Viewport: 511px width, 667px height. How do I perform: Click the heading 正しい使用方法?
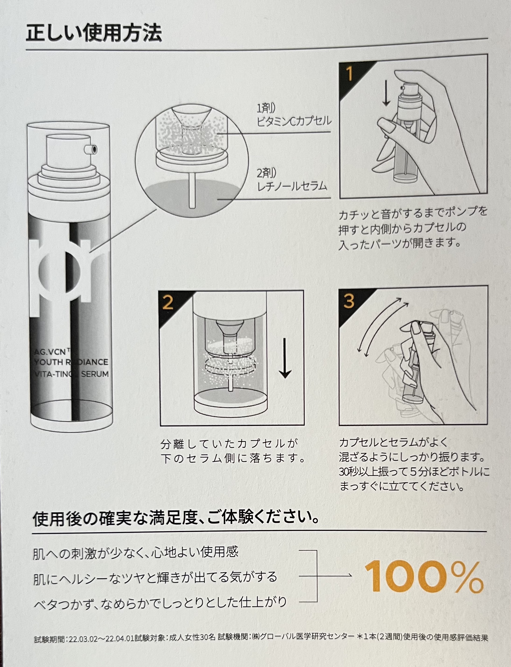click(94, 33)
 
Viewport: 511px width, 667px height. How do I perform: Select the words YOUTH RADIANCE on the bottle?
click(71, 362)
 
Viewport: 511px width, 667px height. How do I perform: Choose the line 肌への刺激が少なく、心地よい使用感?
click(136, 552)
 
